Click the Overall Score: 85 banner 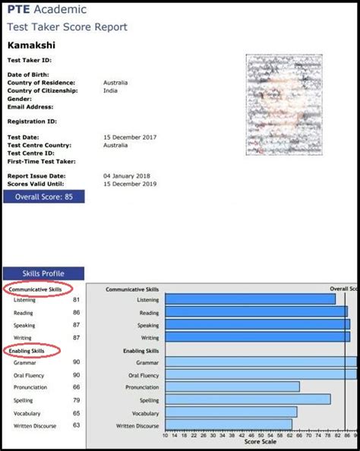(44, 196)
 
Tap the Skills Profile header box (44, 273)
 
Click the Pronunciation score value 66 (77, 387)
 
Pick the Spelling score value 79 (77, 400)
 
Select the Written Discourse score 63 (77, 425)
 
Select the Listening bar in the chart (250, 299)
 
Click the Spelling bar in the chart (248, 399)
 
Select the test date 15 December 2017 (131, 137)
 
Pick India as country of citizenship (110, 90)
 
